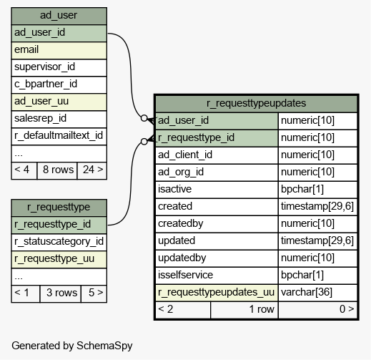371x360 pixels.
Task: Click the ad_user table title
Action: pos(59,15)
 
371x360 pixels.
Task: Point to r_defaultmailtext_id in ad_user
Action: pos(59,135)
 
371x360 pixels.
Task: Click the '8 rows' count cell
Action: pos(57,170)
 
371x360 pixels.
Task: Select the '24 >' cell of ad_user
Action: pos(93,170)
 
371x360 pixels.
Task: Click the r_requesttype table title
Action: pos(59,207)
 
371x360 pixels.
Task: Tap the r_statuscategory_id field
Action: pos(59,241)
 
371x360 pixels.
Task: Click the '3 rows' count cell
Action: pos(61,293)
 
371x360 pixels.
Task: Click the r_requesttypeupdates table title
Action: pos(256,103)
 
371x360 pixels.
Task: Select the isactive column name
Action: pos(174,189)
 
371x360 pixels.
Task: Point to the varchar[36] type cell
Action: pos(307,292)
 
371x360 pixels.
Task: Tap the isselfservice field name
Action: pos(185,275)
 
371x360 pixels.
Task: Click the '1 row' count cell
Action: pos(244,309)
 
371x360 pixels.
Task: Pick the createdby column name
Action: pos(181,223)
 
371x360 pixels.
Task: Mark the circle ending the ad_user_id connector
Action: pos(144,118)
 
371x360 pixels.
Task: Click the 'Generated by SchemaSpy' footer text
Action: pos(72,346)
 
